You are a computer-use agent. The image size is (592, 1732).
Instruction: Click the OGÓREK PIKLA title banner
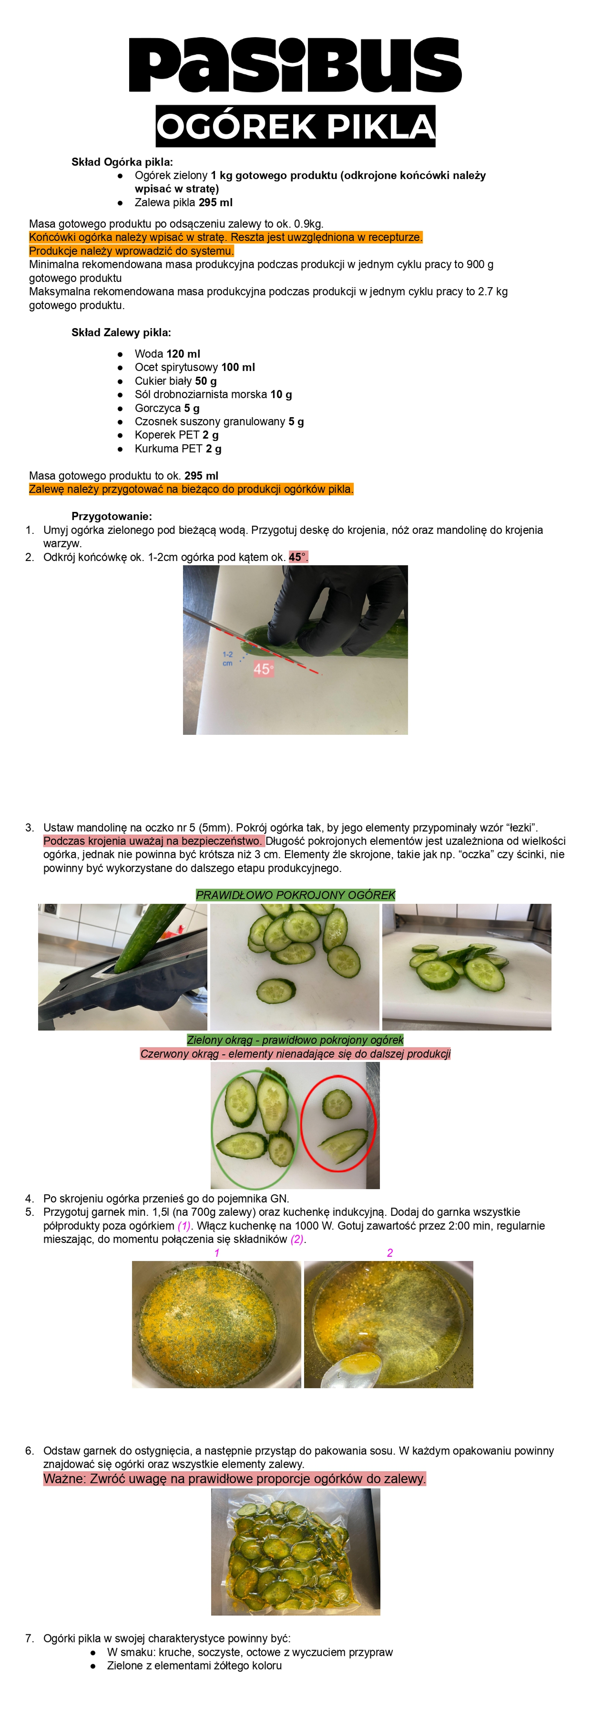point(296,126)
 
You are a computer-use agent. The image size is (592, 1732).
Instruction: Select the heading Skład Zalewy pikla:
point(121,332)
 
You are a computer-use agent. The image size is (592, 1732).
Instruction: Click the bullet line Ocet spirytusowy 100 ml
point(194,367)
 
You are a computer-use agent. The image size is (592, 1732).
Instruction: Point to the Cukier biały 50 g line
point(175,380)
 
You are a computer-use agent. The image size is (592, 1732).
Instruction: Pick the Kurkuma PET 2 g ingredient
point(178,449)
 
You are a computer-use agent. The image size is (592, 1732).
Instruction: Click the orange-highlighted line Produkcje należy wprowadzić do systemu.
point(131,251)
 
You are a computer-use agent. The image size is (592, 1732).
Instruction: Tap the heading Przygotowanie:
point(112,516)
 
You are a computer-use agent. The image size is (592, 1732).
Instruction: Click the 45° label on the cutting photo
point(263,669)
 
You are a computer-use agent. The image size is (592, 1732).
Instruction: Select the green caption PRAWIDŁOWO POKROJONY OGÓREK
point(296,895)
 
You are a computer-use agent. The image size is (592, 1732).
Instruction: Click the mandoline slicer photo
point(122,967)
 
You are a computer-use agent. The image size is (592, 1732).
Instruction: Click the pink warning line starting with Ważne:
point(234,1479)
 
